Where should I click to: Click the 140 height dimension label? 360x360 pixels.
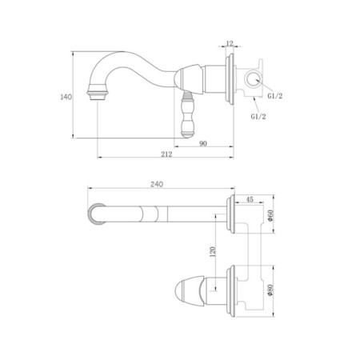[x=66, y=97]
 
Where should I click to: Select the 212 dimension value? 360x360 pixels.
[x=166, y=154]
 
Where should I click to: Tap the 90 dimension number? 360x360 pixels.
[x=203, y=143]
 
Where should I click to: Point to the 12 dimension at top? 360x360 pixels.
[x=230, y=43]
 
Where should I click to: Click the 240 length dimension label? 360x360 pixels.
[x=157, y=184]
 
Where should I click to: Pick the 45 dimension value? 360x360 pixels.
[x=250, y=199]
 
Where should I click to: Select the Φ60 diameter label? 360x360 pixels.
[x=270, y=215]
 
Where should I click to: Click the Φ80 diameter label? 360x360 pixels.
[x=270, y=290]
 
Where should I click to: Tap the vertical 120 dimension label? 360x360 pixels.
[x=213, y=251]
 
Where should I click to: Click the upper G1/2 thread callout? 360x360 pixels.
[x=275, y=96]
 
